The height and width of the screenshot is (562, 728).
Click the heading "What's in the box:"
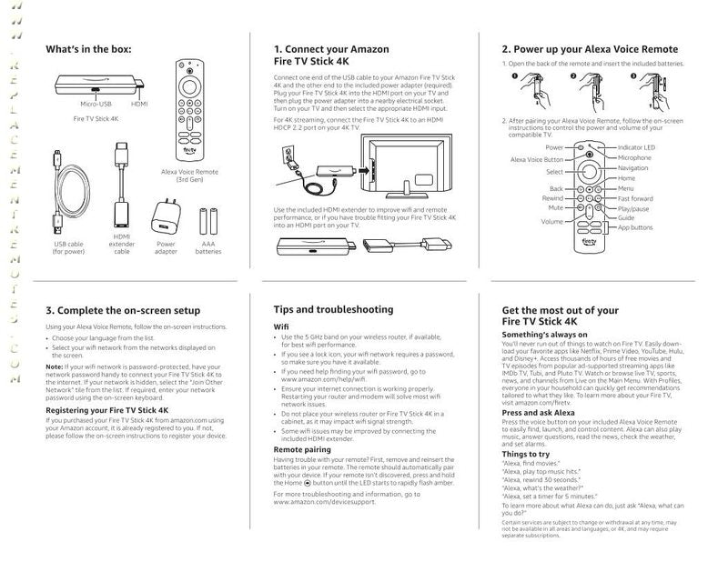point(88,49)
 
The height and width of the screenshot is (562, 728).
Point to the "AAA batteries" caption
point(208,248)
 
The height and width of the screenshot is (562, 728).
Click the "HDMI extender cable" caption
point(122,245)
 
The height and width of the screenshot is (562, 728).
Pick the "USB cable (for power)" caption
point(68,248)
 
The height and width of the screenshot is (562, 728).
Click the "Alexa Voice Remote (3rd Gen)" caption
point(188,175)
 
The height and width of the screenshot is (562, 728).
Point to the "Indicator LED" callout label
point(636,147)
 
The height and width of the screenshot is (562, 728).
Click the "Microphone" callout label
point(634,157)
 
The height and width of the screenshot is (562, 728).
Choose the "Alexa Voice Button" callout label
point(538,159)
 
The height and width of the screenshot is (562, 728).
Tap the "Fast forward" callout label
point(635,198)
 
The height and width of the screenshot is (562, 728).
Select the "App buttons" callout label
point(634,227)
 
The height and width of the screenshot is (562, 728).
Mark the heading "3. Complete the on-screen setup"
point(122,310)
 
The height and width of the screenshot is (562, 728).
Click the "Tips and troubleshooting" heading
point(333,309)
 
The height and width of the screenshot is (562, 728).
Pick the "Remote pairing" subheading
point(302,449)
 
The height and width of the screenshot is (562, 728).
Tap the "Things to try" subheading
point(526,453)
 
